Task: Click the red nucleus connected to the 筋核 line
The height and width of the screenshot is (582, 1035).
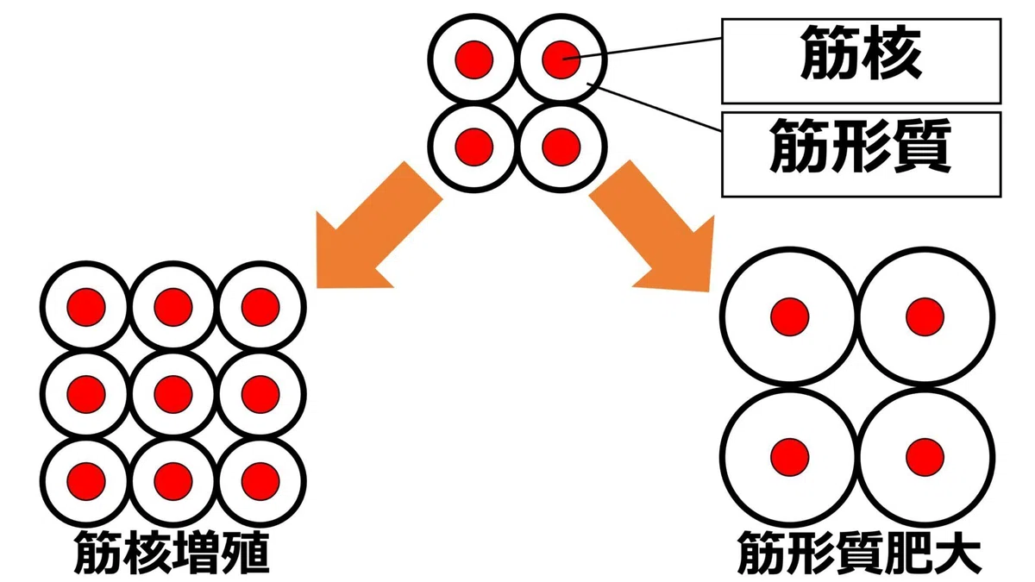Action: (x=561, y=60)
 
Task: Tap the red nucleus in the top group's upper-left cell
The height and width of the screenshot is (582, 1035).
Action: (x=474, y=60)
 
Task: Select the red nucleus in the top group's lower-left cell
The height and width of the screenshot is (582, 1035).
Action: (x=474, y=147)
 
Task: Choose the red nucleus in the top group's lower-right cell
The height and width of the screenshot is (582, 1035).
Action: (x=561, y=147)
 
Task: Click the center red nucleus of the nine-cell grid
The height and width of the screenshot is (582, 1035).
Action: (x=173, y=394)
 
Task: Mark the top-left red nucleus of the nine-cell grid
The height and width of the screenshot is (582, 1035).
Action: (x=86, y=307)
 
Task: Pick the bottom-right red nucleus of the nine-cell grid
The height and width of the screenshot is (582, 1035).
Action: (x=260, y=481)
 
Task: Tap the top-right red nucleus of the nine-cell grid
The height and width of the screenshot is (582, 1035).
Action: (x=260, y=307)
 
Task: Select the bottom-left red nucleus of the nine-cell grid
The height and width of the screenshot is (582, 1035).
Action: (x=86, y=481)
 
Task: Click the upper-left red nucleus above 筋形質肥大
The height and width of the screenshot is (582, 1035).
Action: (x=790, y=317)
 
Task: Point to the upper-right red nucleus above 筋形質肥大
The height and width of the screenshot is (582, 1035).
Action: (x=925, y=317)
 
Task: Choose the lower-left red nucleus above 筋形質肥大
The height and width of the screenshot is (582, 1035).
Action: (x=790, y=457)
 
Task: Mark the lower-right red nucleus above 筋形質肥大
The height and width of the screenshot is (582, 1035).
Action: (x=925, y=457)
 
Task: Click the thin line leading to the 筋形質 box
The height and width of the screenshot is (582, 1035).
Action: (x=655, y=107)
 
